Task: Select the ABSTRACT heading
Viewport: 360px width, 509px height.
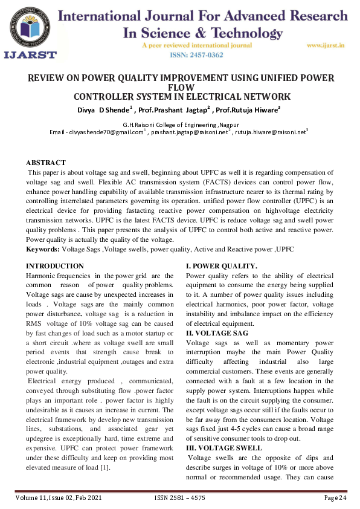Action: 46,163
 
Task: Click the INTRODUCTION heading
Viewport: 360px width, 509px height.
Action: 56,266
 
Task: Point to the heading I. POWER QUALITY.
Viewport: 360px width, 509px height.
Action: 222,266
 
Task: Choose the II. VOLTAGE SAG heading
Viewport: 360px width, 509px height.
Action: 217,333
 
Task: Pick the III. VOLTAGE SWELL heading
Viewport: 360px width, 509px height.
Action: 224,448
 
